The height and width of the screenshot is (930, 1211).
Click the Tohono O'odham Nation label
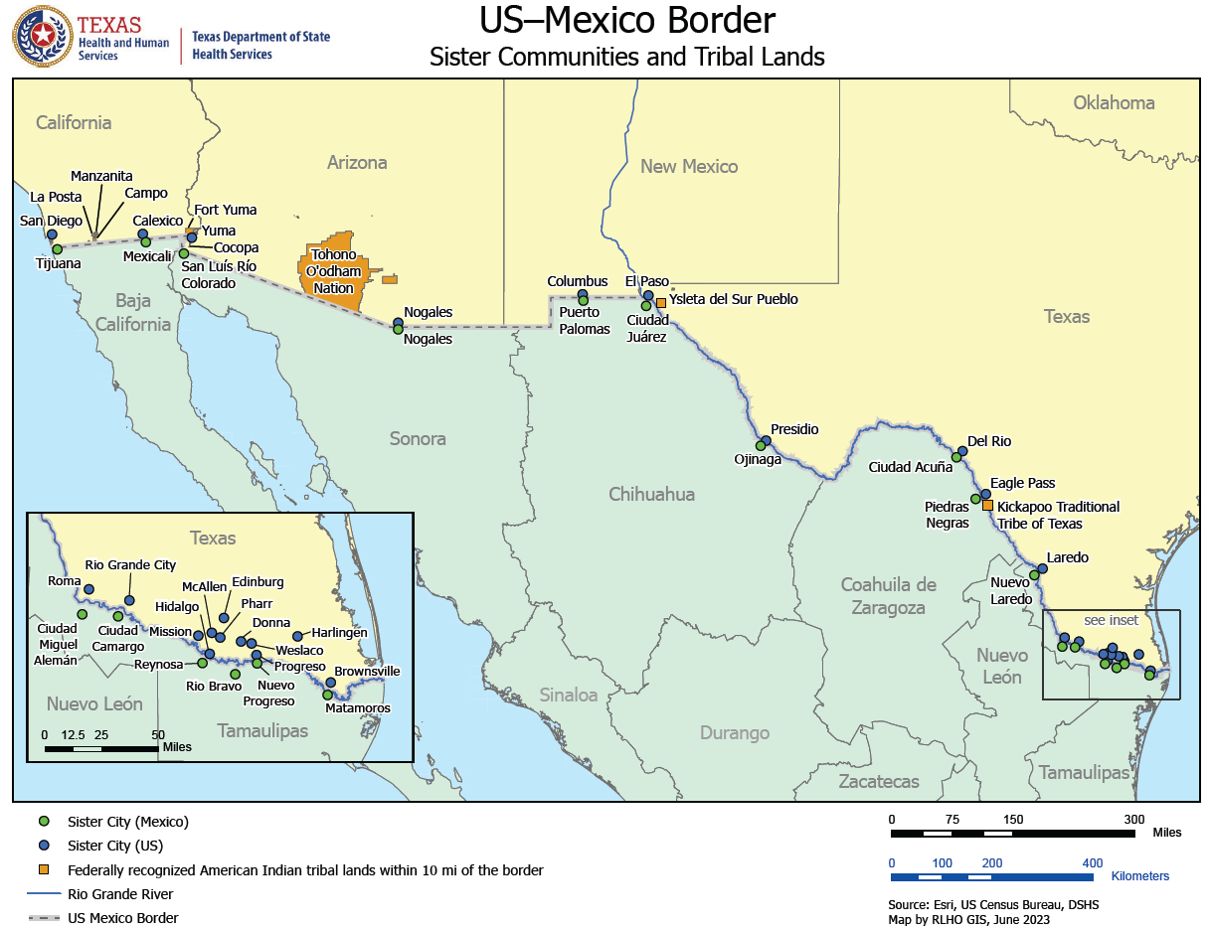tap(333, 271)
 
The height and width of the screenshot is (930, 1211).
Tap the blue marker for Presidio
tap(766, 440)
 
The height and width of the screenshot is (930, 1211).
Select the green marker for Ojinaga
tap(760, 446)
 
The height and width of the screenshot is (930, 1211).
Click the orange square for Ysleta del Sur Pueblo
tap(661, 302)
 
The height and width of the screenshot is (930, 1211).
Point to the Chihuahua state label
tap(651, 494)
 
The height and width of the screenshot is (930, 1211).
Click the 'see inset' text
tap(1111, 620)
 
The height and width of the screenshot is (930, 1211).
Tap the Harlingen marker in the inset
tap(297, 636)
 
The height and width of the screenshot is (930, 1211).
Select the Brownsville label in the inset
tap(366, 672)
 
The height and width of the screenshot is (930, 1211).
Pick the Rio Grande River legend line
tap(43, 894)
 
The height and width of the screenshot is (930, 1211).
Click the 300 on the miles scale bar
tap(1133, 820)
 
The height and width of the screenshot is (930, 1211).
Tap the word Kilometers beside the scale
tap(1140, 876)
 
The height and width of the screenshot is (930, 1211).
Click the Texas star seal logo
tap(42, 37)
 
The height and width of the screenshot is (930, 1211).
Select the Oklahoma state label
tap(1114, 102)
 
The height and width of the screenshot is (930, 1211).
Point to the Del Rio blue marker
tap(962, 451)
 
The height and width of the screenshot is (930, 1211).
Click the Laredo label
tap(1067, 557)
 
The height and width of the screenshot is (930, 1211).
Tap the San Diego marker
tap(52, 235)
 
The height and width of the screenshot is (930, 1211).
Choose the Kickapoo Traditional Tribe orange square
tap(987, 506)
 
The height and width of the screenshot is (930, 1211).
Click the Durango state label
tap(734, 733)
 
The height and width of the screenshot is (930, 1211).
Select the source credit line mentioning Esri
tap(992, 905)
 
